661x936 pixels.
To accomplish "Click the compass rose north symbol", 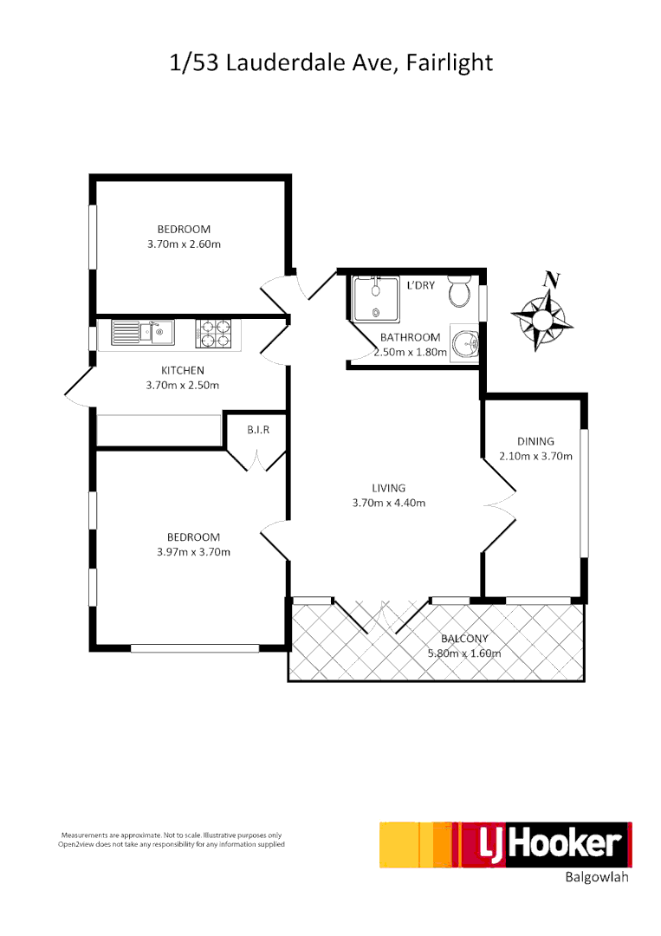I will pyautogui.click(x=542, y=320).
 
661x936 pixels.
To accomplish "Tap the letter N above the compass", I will pyautogui.click(x=549, y=280).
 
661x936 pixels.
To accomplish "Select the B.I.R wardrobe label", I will pyautogui.click(x=256, y=430).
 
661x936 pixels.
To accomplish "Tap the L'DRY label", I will pyautogui.click(x=420, y=284).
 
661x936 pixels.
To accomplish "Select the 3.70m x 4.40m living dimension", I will pyautogui.click(x=388, y=503).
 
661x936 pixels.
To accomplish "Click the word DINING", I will pyautogui.click(x=535, y=441).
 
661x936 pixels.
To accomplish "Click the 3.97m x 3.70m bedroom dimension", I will pyautogui.click(x=193, y=551).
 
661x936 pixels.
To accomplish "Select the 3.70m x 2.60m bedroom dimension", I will pyautogui.click(x=184, y=244).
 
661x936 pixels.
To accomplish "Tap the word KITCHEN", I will pyautogui.click(x=182, y=371).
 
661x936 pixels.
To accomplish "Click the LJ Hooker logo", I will pyautogui.click(x=506, y=844).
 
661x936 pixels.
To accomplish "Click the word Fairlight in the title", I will pyautogui.click(x=449, y=62).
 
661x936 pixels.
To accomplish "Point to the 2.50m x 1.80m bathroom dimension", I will pyautogui.click(x=411, y=353).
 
